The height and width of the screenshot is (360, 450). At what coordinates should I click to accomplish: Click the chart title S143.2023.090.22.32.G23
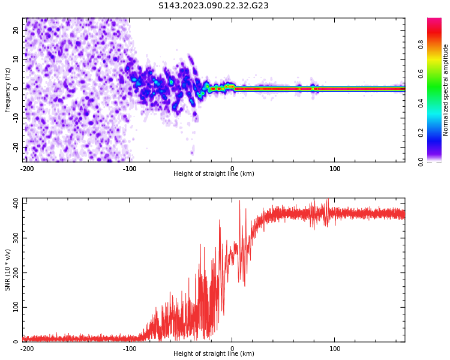tap(213, 6)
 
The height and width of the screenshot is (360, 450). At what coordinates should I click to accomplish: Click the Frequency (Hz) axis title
tap(8, 90)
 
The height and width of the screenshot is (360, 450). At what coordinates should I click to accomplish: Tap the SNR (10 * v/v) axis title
tap(8, 270)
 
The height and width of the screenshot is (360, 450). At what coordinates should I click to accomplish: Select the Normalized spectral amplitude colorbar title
tap(446, 90)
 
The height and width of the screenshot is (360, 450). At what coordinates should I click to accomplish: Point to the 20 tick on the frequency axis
tap(16, 30)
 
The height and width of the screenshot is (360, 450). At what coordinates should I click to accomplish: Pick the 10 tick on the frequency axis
tap(16, 59)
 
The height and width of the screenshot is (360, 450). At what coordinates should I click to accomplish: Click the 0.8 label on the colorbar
tap(438, 44)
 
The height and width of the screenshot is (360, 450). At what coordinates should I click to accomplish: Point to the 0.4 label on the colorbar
tap(438, 103)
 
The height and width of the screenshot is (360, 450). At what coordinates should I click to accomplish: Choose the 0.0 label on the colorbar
tap(438, 161)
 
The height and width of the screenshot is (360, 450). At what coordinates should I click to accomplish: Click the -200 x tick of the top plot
tap(26, 169)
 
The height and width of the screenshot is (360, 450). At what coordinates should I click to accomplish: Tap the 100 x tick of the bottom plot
tap(335, 349)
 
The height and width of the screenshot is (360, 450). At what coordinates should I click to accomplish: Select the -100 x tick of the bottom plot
tap(130, 349)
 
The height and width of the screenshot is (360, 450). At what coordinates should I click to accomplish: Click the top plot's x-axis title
tap(214, 174)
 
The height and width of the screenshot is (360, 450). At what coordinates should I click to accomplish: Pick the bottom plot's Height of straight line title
tap(214, 354)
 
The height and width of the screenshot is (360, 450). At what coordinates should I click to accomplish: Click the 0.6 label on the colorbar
tap(438, 74)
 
